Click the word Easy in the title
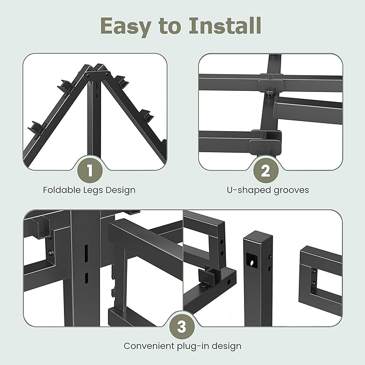(x=125, y=26)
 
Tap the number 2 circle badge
(x=266, y=171)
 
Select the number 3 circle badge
(x=182, y=326)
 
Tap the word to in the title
(x=171, y=26)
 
